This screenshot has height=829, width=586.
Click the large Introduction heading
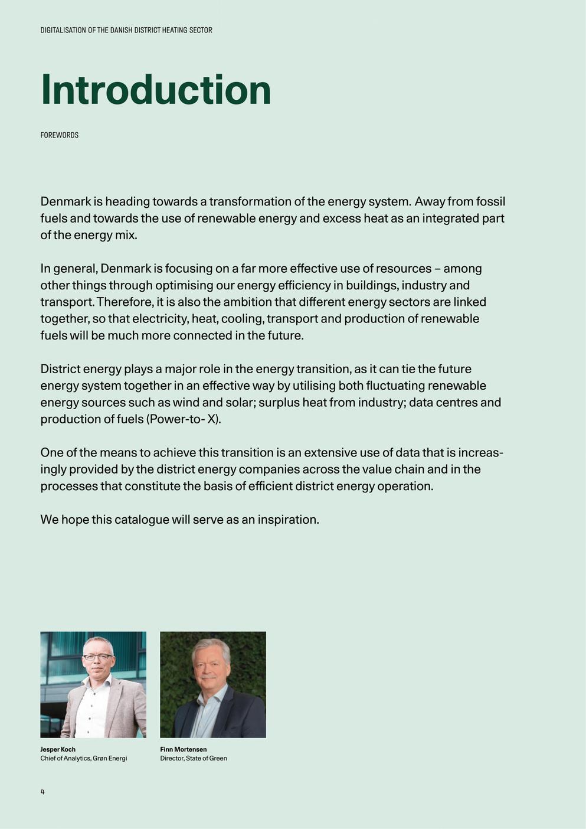[155, 90]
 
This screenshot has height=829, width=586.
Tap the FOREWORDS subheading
[59, 135]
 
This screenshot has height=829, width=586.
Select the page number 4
[42, 791]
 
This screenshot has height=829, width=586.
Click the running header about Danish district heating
[126, 30]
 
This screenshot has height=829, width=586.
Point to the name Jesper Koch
[58, 749]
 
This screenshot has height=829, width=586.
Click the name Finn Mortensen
[183, 749]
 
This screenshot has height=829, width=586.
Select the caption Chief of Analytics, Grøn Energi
[84, 758]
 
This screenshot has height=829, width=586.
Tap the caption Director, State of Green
[193, 758]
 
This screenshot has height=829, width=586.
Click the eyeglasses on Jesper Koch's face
[97, 657]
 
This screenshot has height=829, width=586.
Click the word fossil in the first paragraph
[490, 202]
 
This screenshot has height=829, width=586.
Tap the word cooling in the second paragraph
[242, 319]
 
